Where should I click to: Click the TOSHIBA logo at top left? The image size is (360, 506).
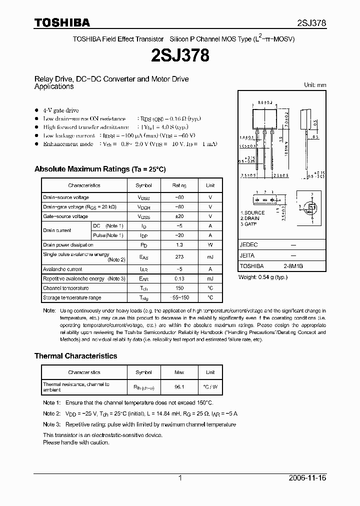pyautogui.click(x=62, y=22)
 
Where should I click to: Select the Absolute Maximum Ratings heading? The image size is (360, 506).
pyautogui.click(x=99, y=169)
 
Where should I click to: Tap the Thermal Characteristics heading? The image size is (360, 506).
pyautogui.click(x=75, y=356)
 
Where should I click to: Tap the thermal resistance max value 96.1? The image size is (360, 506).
pyautogui.click(x=179, y=386)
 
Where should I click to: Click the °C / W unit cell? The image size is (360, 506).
pyautogui.click(x=210, y=386)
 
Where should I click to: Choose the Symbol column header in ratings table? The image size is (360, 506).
pyautogui.click(x=143, y=185)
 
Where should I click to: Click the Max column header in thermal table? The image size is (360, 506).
pyautogui.click(x=179, y=372)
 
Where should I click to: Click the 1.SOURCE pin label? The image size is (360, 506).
pyautogui.click(x=252, y=212)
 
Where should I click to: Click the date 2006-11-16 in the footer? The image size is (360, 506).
pyautogui.click(x=307, y=478)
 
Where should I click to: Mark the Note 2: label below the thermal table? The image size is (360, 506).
pyautogui.click(x=51, y=413)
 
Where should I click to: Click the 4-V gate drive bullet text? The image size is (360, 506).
pyautogui.click(x=60, y=110)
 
